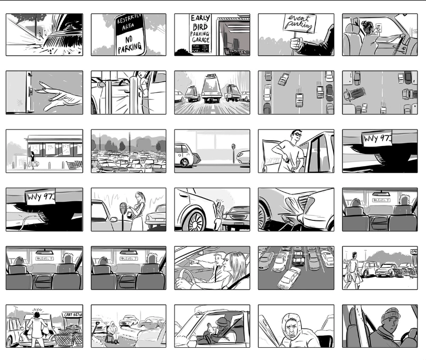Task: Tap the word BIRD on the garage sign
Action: point(199,28)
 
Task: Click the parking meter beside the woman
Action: point(123,212)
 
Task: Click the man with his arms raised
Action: point(37,324)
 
